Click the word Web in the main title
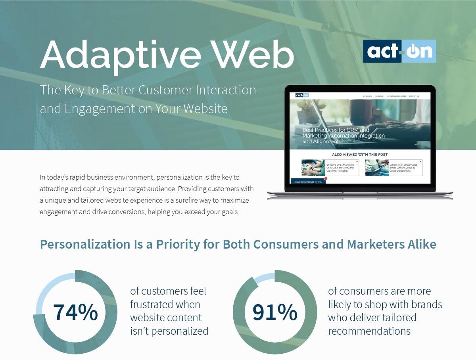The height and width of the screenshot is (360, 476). click(x=254, y=54)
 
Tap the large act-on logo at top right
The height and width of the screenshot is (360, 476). click(x=399, y=51)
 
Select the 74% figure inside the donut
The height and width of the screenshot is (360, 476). click(x=75, y=312)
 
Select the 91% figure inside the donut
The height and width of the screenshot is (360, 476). click(x=274, y=312)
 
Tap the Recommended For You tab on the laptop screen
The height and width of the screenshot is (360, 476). click(x=308, y=182)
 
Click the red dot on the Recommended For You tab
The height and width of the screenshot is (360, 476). click(x=326, y=178)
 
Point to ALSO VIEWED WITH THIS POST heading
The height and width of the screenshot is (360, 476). click(x=360, y=155)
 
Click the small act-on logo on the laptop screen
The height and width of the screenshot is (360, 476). click(x=302, y=96)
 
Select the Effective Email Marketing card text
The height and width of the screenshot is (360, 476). click(x=340, y=168)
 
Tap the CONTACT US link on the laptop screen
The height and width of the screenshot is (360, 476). click(x=414, y=96)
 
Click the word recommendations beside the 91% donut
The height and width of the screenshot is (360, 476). click(x=369, y=331)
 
